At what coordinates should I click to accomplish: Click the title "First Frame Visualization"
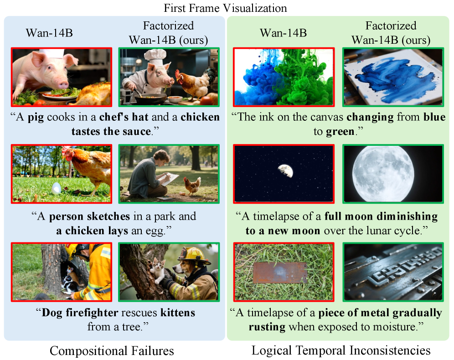(225, 8)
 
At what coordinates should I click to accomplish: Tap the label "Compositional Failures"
(112, 351)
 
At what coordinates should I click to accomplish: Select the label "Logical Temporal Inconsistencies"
(341, 350)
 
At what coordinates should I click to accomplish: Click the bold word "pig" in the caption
(36, 118)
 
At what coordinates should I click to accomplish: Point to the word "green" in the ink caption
(340, 132)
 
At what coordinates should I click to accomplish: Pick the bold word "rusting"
(267, 327)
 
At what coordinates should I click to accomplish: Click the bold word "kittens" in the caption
(178, 313)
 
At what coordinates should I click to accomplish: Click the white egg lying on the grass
(56, 188)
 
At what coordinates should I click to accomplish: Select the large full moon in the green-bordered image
(383, 174)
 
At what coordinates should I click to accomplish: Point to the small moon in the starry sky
(285, 170)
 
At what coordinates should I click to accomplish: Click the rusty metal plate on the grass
(280, 273)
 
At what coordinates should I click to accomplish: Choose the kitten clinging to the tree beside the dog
(158, 271)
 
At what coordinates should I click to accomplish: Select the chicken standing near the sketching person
(192, 186)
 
